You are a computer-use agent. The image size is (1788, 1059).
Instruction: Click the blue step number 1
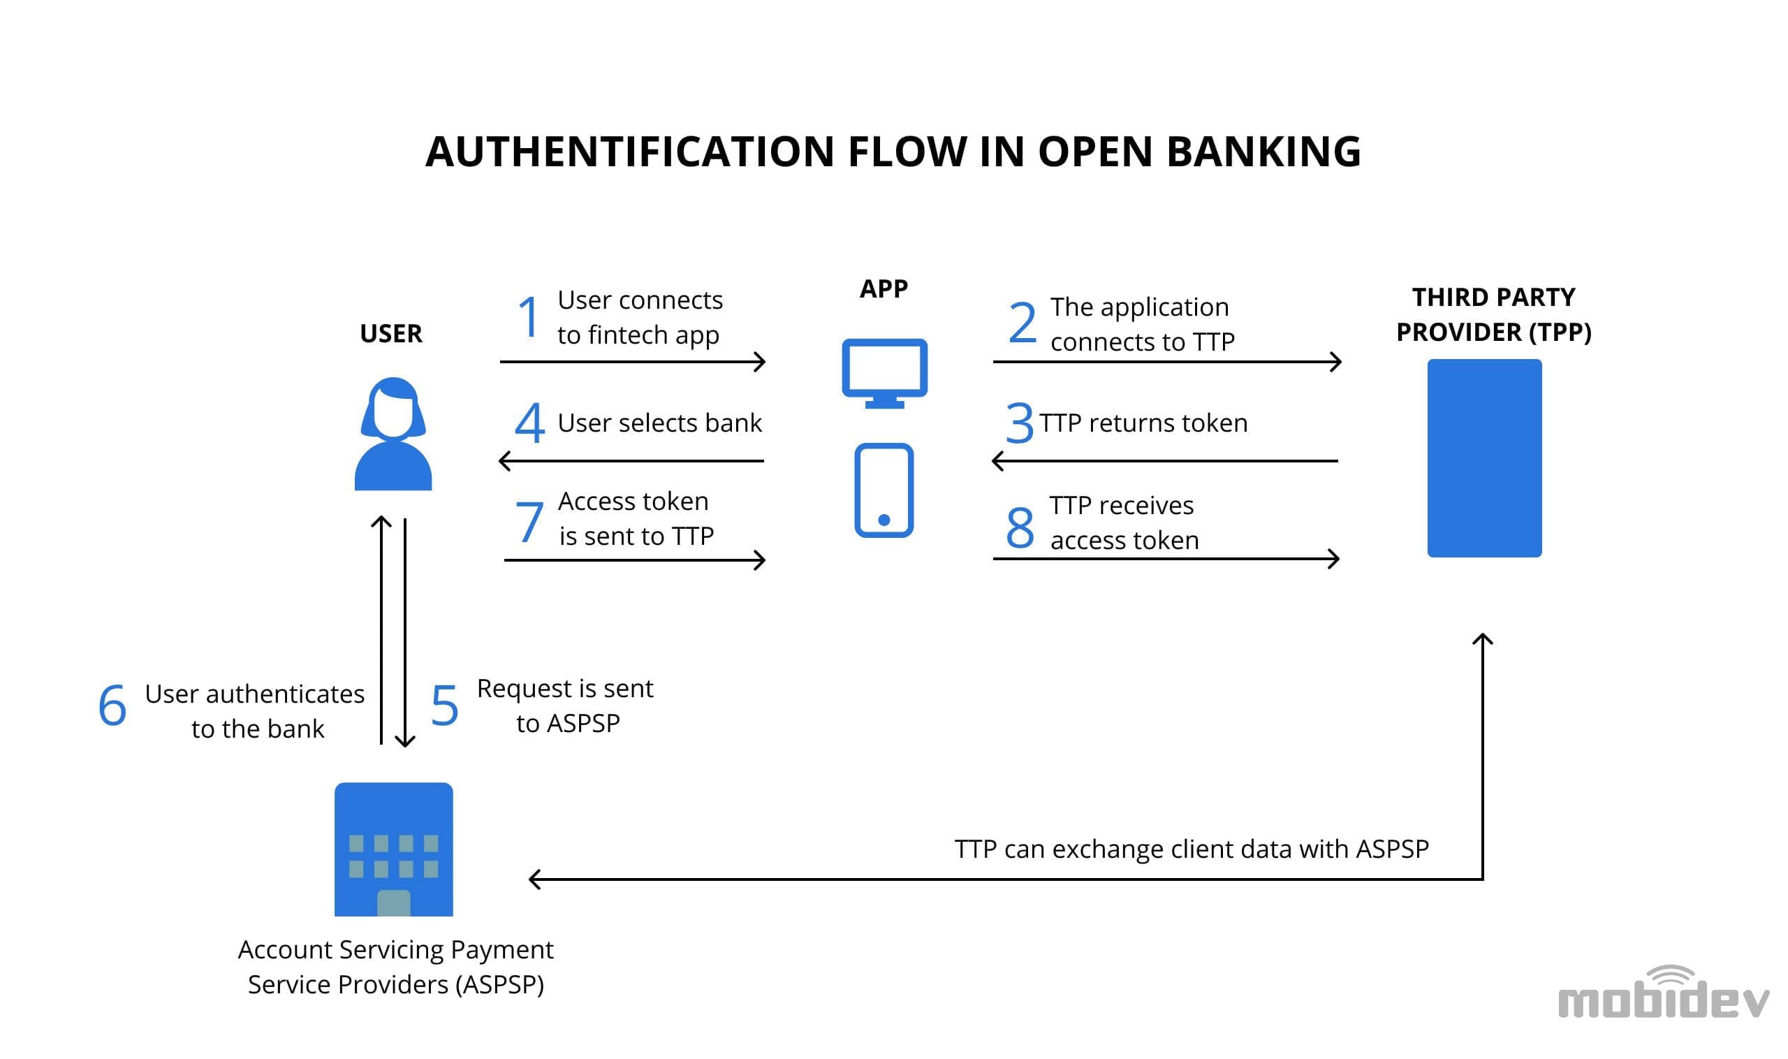(528, 316)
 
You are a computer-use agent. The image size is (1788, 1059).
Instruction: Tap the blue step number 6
(112, 705)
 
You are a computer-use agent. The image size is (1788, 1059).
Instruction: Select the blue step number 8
(1020, 527)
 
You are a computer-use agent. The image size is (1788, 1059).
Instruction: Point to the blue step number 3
(1019, 423)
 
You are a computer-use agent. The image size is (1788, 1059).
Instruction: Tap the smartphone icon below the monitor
(884, 490)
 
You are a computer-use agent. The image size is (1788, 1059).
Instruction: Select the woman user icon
(393, 433)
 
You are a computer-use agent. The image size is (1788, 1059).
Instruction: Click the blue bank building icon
(394, 849)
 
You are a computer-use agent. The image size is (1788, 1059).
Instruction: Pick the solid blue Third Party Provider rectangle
(1484, 458)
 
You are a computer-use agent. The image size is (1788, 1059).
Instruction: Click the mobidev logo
(1664, 992)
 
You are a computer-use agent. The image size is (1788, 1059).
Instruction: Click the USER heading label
(391, 333)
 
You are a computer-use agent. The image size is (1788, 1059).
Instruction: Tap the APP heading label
(884, 289)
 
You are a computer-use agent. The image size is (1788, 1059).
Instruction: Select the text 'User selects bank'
(660, 423)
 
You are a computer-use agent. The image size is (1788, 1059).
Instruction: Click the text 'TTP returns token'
(1144, 423)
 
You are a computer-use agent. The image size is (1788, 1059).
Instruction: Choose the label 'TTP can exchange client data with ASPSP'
(1192, 849)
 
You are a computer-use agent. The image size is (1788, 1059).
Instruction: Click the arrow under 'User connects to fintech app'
(633, 362)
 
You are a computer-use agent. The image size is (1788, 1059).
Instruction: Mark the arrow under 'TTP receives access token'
(1166, 559)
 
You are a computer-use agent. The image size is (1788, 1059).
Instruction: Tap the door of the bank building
(393, 903)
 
